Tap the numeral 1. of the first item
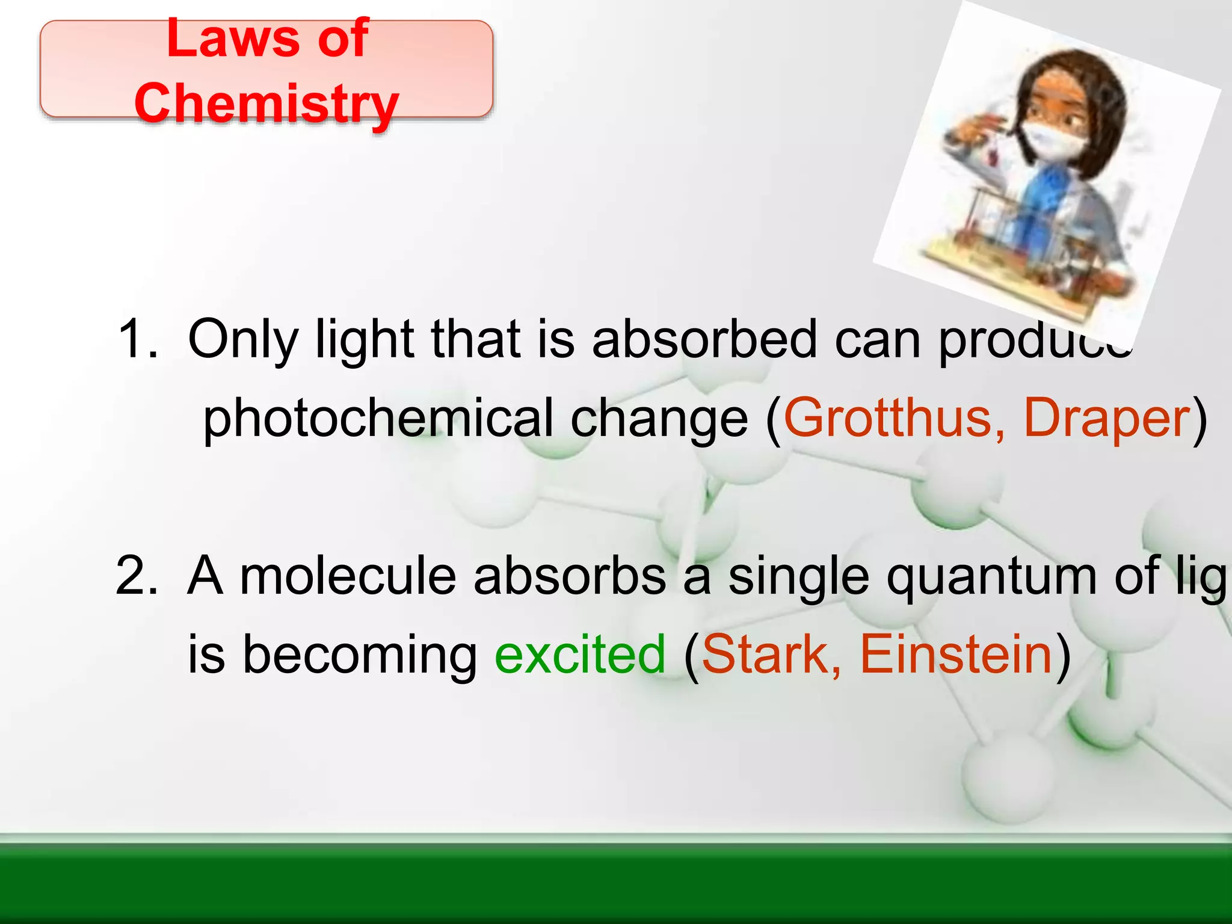(138, 339)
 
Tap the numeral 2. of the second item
(138, 575)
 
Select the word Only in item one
(243, 340)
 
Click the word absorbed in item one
(704, 339)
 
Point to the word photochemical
(378, 418)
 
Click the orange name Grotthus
(887, 417)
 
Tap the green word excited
(580, 654)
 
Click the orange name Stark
(771, 654)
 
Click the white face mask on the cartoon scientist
(1053, 141)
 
